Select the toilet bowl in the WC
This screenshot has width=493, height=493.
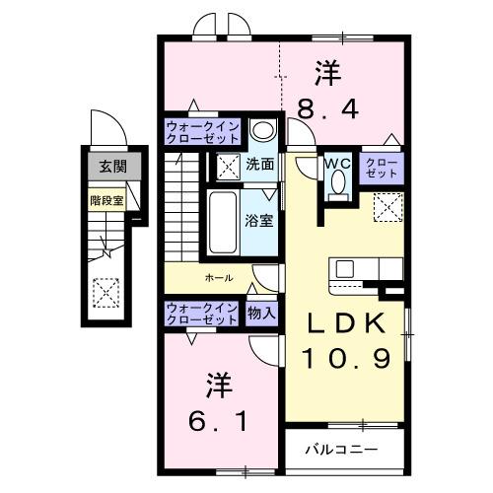338,182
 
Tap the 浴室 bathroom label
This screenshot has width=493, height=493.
259,220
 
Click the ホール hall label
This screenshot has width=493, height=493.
219,278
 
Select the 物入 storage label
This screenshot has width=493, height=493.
261,314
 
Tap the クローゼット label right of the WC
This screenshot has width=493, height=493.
382,167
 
